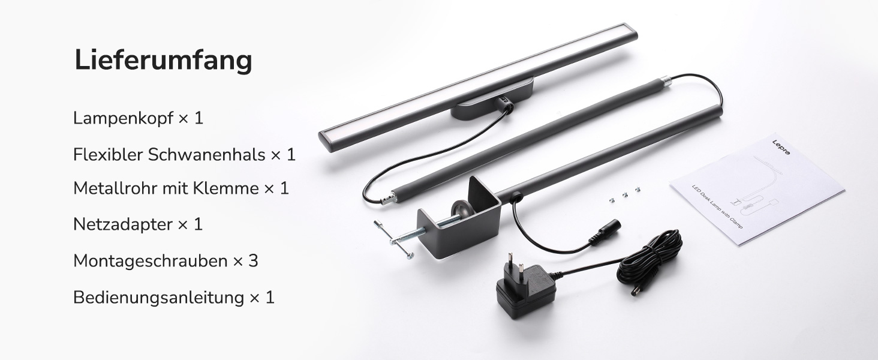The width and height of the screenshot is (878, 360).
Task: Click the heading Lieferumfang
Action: pos(163,61)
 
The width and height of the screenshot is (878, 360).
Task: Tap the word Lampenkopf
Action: pos(123,118)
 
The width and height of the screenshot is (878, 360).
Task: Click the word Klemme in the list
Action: pos(225,188)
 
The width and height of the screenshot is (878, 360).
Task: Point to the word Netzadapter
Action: pos(123,225)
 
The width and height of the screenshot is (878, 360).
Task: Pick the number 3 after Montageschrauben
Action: pos(253,261)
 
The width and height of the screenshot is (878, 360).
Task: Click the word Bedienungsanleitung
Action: pos(159,297)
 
